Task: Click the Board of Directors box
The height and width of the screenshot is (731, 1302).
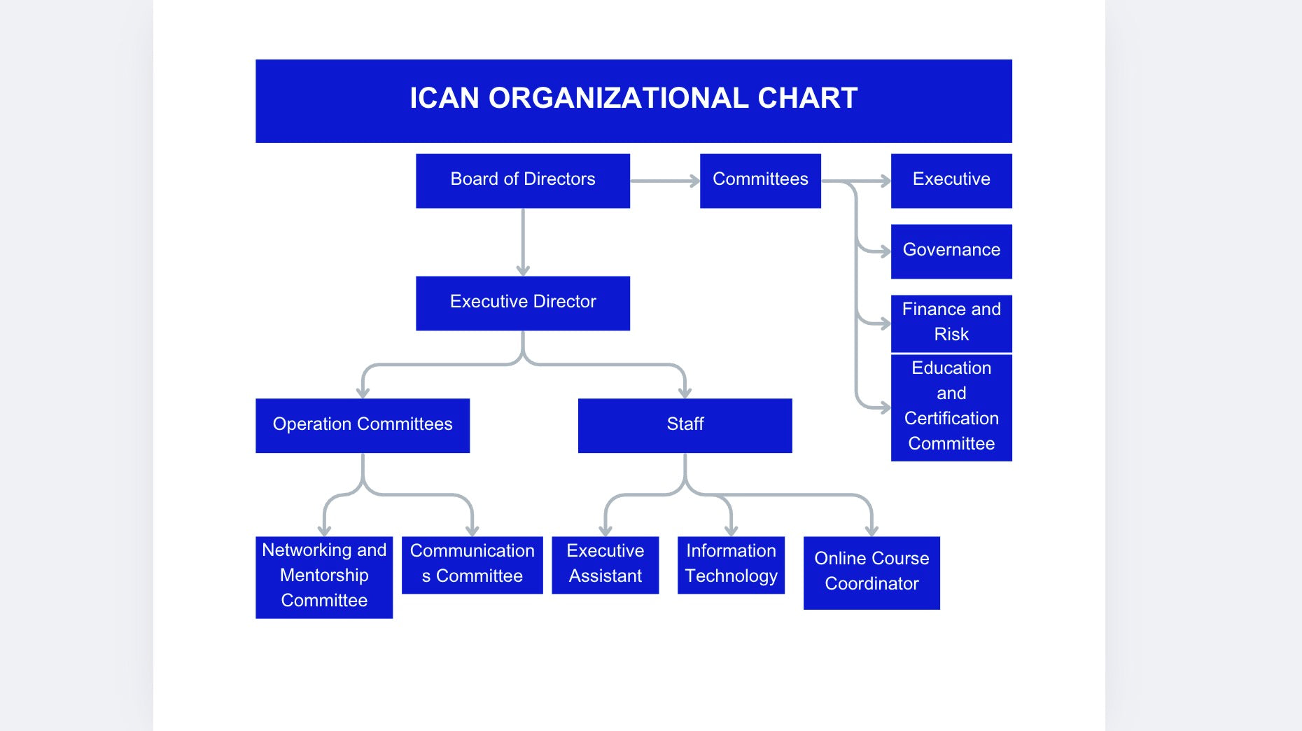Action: [522, 181]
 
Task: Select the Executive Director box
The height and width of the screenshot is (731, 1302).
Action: [522, 303]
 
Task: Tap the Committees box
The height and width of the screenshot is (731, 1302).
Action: [760, 181]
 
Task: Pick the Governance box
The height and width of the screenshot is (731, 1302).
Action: [951, 251]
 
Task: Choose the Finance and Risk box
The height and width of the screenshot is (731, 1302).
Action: [951, 323]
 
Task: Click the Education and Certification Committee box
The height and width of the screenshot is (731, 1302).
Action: [951, 407]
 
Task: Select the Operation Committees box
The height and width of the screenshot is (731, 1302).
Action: [363, 425]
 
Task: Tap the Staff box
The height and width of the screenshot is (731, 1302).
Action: [685, 425]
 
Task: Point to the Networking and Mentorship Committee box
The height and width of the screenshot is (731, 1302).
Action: [324, 576]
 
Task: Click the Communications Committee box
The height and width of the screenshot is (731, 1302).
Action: [472, 564]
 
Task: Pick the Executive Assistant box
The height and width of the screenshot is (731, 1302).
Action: [605, 564]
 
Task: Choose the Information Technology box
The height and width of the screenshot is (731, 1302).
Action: [731, 564]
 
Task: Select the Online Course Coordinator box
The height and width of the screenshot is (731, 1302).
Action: [871, 572]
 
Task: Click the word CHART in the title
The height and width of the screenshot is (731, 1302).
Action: [808, 99]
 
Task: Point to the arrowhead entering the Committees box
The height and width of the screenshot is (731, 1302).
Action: [694, 181]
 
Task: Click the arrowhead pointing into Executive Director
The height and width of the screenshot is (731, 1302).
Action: [523, 270]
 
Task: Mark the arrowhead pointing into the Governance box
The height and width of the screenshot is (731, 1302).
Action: [885, 251]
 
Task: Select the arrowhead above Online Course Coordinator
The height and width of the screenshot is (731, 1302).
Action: [871, 531]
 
